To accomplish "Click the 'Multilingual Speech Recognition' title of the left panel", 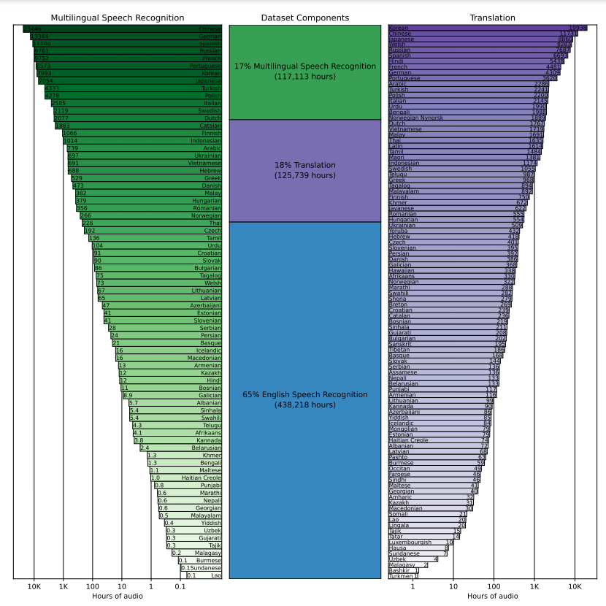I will [x=117, y=18].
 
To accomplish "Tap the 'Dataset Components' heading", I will [x=304, y=18].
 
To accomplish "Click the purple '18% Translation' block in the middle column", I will [x=305, y=170].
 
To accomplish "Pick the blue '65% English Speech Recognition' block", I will [x=305, y=399].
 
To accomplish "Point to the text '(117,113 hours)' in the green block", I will [x=305, y=76].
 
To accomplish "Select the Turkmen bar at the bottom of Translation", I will [x=401, y=576].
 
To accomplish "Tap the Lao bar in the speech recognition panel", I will [x=204, y=575].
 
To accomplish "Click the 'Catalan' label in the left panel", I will [x=210, y=126].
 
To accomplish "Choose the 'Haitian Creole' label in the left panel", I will [x=202, y=477].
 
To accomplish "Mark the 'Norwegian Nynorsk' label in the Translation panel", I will [x=415, y=118].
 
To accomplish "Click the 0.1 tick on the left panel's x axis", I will [x=180, y=586].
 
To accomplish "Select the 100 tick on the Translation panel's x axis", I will [x=494, y=586].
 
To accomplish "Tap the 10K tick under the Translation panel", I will [x=575, y=586].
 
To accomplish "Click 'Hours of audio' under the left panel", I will [x=117, y=597].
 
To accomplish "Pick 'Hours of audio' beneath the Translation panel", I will [x=493, y=597].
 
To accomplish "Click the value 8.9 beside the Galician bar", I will [x=128, y=395].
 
